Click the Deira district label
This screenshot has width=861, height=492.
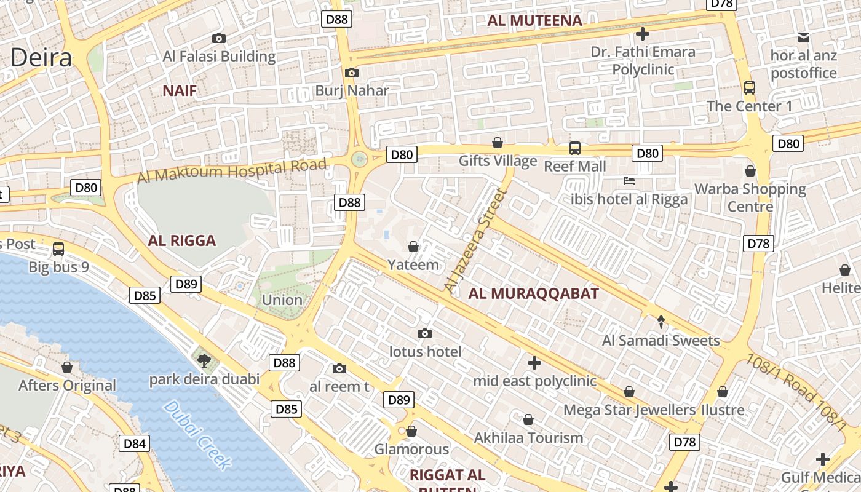(41, 58)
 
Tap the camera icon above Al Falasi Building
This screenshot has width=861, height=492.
(218, 38)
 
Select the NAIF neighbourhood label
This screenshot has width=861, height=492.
(180, 91)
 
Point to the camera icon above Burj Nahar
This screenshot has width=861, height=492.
(352, 73)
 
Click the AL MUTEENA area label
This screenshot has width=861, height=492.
(534, 20)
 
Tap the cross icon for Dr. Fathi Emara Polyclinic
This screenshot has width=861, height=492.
(643, 33)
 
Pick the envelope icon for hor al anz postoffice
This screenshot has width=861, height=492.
(804, 37)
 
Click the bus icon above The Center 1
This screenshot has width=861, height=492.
(749, 87)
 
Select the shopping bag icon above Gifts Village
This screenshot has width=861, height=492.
(498, 143)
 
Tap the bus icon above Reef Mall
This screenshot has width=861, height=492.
(574, 148)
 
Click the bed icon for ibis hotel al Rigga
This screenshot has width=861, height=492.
(629, 181)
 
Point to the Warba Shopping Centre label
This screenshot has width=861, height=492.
(750, 197)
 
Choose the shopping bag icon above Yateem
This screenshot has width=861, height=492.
(413, 247)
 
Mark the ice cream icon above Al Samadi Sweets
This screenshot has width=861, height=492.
(661, 322)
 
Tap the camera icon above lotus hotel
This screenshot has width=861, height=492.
(424, 333)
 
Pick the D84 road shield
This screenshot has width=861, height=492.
(135, 443)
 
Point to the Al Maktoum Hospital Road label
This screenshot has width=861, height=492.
(231, 171)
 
